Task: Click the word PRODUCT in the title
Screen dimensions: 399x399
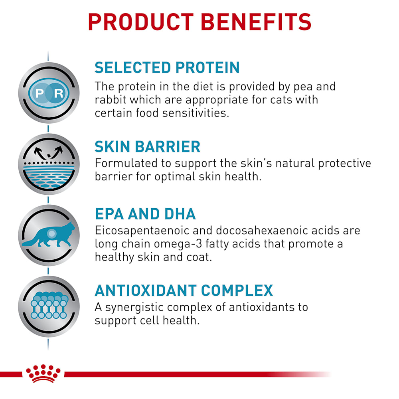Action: [141, 22]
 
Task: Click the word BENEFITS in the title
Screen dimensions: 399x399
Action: [256, 22]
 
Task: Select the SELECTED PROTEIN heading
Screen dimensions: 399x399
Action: [167, 67]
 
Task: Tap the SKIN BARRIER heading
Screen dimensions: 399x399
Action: [148, 146]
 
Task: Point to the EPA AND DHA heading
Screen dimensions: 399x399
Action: [145, 214]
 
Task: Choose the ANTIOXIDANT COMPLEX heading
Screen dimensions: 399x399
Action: [184, 290]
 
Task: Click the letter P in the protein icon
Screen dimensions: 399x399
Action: [40, 93]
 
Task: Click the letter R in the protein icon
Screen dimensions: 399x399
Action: [59, 93]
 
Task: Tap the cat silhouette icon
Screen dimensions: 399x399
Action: [49, 235]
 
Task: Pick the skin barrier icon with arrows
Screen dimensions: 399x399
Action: [49, 164]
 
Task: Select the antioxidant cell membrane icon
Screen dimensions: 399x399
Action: [49, 306]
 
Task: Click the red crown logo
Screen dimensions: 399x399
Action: [43, 373]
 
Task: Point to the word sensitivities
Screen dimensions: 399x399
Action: [196, 113]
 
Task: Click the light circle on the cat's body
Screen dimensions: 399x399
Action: [51, 233]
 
